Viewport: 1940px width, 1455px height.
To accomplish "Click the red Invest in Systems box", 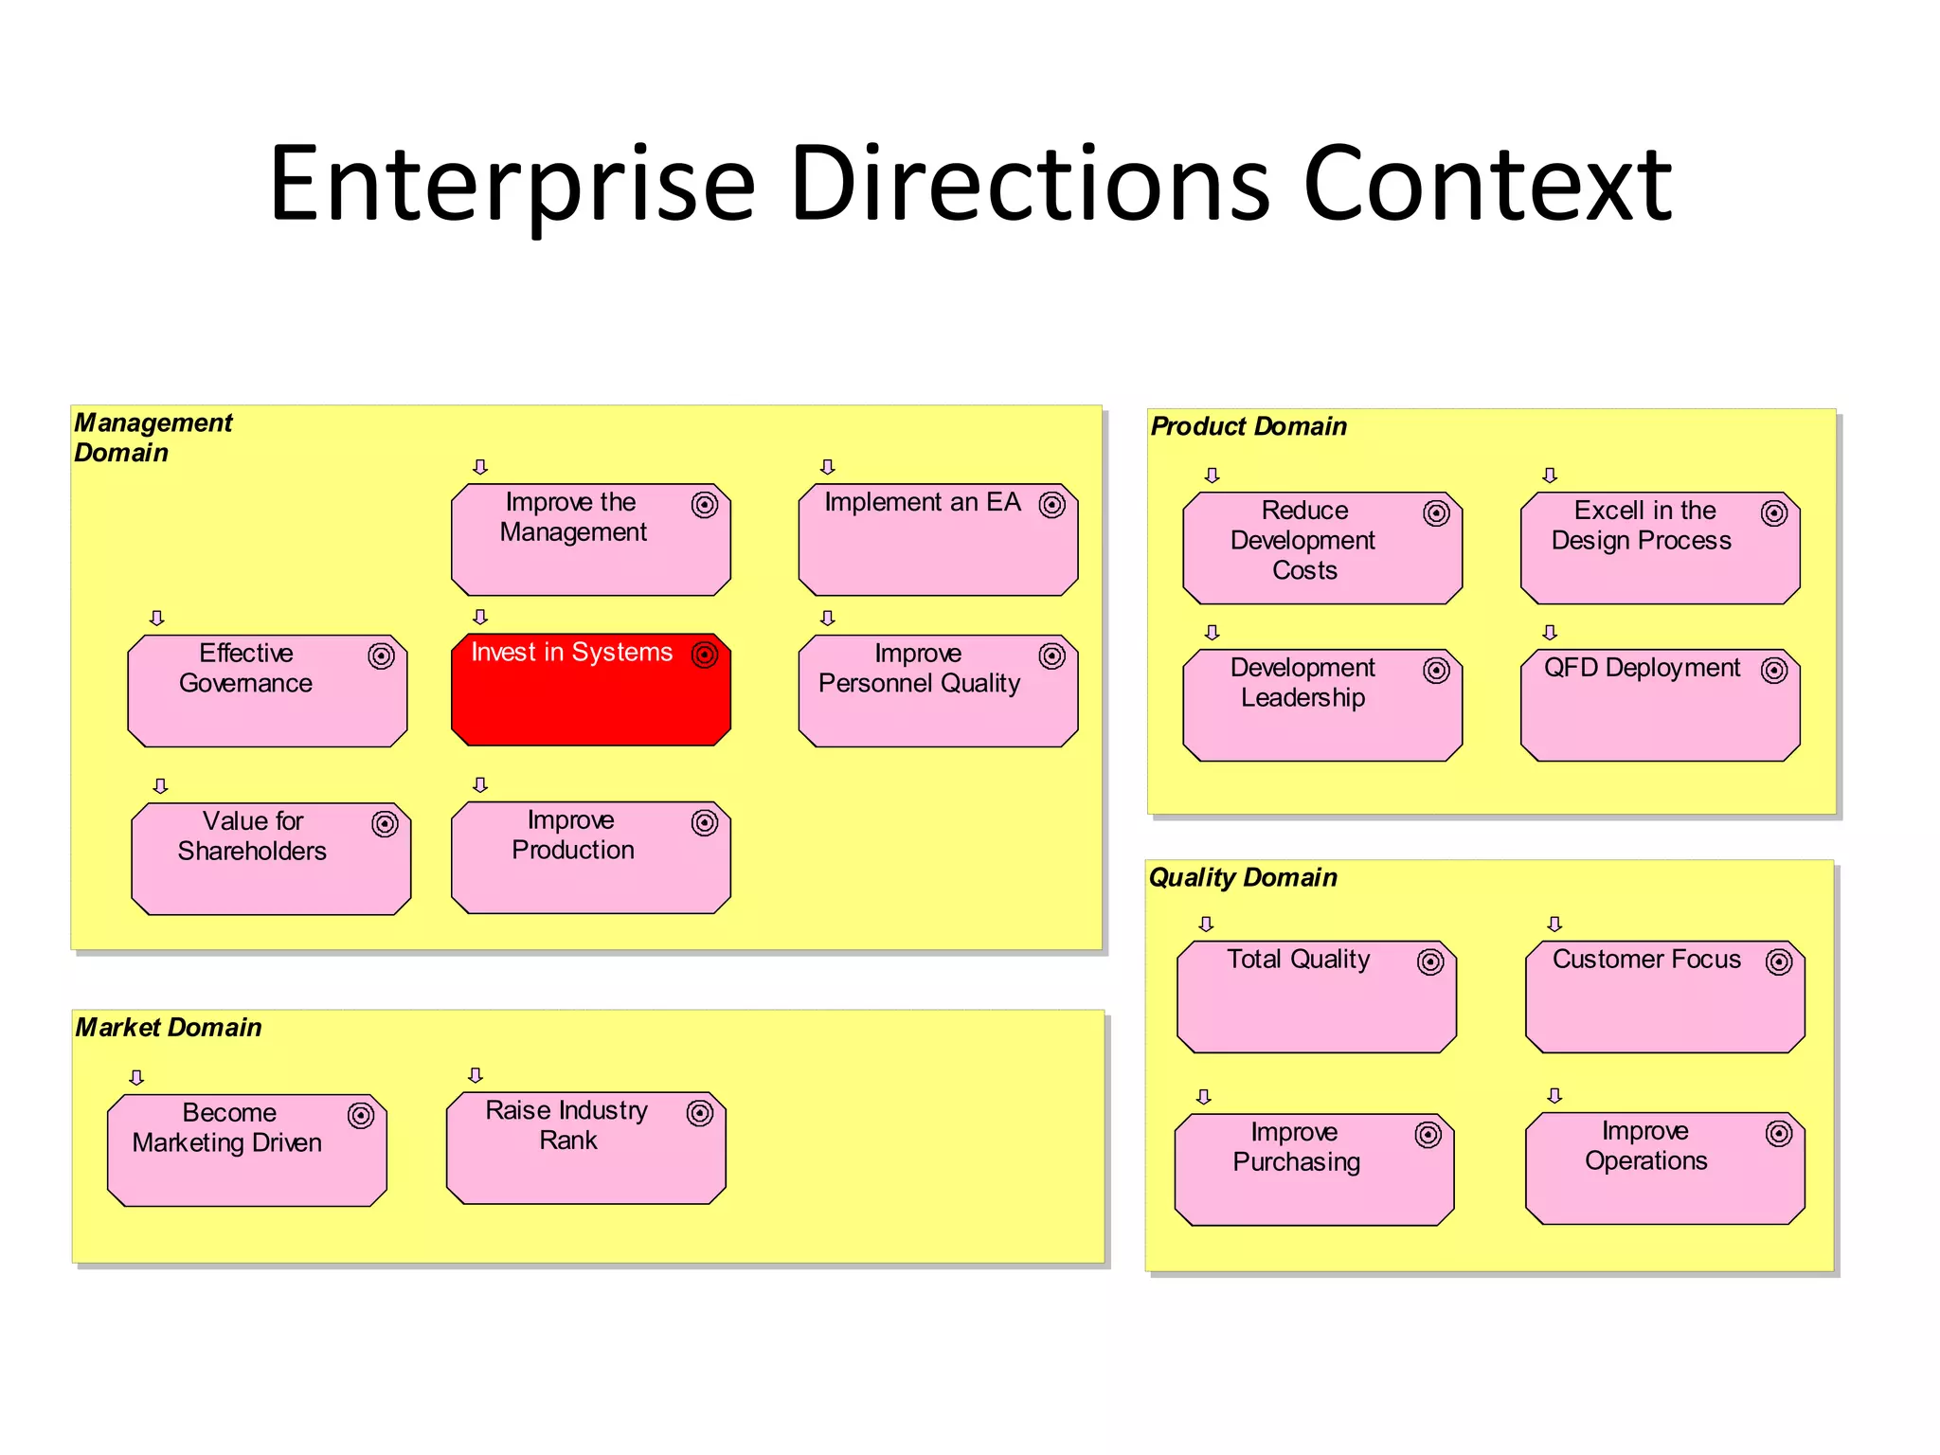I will (590, 690).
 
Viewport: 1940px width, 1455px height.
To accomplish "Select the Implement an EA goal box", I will (938, 540).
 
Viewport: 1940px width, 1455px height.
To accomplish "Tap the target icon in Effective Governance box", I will (381, 656).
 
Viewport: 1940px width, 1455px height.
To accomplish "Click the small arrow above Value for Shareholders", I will (161, 786).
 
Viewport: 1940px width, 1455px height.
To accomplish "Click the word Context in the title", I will (1487, 184).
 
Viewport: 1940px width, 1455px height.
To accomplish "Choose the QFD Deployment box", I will (1660, 705).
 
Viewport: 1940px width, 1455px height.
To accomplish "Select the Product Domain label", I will (1248, 426).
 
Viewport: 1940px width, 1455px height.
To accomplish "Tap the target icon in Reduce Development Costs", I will (1436, 513).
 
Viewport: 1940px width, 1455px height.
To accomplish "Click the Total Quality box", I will (1316, 997).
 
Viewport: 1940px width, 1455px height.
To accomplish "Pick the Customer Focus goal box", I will (1664, 997).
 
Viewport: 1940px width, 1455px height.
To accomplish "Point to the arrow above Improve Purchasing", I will (1204, 1097).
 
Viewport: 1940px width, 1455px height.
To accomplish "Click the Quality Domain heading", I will (1243, 877).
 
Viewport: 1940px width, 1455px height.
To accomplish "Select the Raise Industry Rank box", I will (585, 1148).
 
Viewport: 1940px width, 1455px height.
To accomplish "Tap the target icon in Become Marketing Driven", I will (361, 1116).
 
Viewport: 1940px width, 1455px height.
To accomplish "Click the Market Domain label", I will (169, 1027).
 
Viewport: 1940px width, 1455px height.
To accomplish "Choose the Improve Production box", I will (590, 858).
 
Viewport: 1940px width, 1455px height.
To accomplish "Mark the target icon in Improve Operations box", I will (1779, 1134).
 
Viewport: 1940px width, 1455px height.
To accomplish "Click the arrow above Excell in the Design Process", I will (1550, 476).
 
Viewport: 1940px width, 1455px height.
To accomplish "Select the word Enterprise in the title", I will (512, 184).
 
